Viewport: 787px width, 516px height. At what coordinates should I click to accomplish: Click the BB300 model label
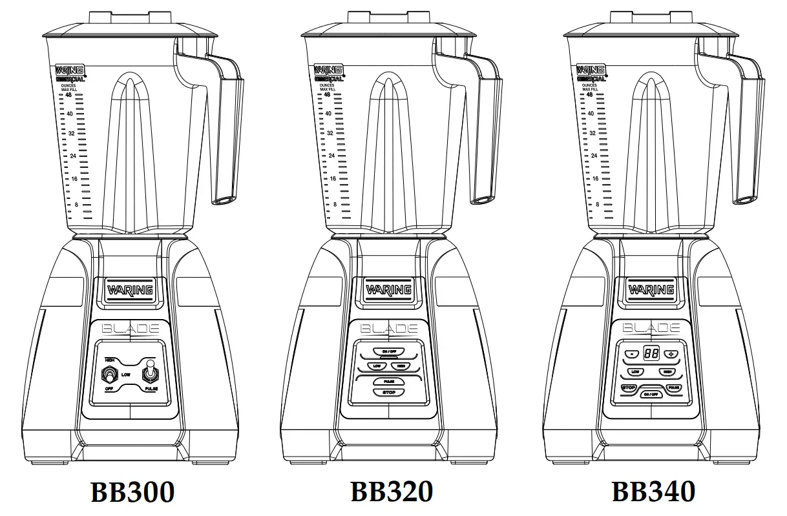click(132, 492)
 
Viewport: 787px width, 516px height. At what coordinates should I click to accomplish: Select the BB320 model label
click(392, 491)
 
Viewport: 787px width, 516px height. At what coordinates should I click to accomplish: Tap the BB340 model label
click(653, 491)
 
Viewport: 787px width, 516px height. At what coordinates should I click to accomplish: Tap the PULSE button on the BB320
click(388, 382)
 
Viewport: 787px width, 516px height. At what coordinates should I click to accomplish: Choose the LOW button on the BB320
click(375, 366)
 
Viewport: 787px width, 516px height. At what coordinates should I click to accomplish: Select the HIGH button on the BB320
click(401, 366)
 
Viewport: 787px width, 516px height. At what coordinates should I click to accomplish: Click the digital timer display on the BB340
click(651, 354)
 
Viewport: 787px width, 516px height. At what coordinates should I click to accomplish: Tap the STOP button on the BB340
click(629, 387)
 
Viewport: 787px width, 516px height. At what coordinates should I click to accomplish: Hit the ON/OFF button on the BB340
click(651, 393)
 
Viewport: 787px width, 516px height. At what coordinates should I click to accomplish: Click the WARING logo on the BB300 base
click(130, 290)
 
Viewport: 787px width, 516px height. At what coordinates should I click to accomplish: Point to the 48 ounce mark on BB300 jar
click(68, 95)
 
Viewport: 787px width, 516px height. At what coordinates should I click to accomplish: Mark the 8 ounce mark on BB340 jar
click(597, 204)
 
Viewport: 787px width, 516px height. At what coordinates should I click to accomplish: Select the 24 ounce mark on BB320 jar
click(331, 156)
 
